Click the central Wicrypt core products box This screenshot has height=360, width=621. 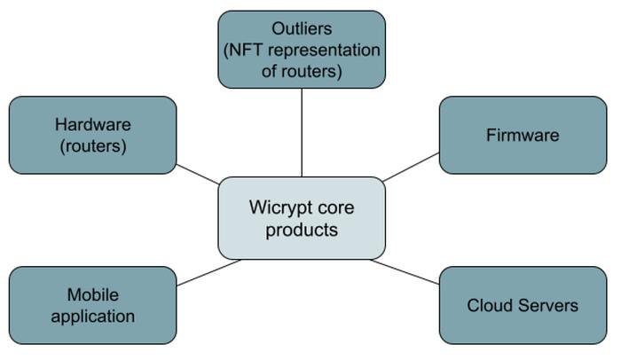302,218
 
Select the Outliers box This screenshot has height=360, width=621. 302,50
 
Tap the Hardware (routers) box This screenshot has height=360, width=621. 92,135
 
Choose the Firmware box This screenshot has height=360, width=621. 523,135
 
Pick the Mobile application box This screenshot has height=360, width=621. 92,305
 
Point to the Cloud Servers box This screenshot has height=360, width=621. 523,305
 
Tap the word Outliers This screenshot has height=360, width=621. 302,29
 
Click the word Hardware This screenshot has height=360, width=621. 92,124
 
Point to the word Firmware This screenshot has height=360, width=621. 523,135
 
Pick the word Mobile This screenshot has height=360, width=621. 92,294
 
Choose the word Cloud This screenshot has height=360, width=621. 491,305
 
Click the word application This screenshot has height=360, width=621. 92,316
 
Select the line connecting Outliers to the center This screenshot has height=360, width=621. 302,133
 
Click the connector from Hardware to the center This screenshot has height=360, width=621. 198,175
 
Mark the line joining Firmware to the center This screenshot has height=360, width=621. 412,167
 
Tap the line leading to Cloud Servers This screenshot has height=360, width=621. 405,271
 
